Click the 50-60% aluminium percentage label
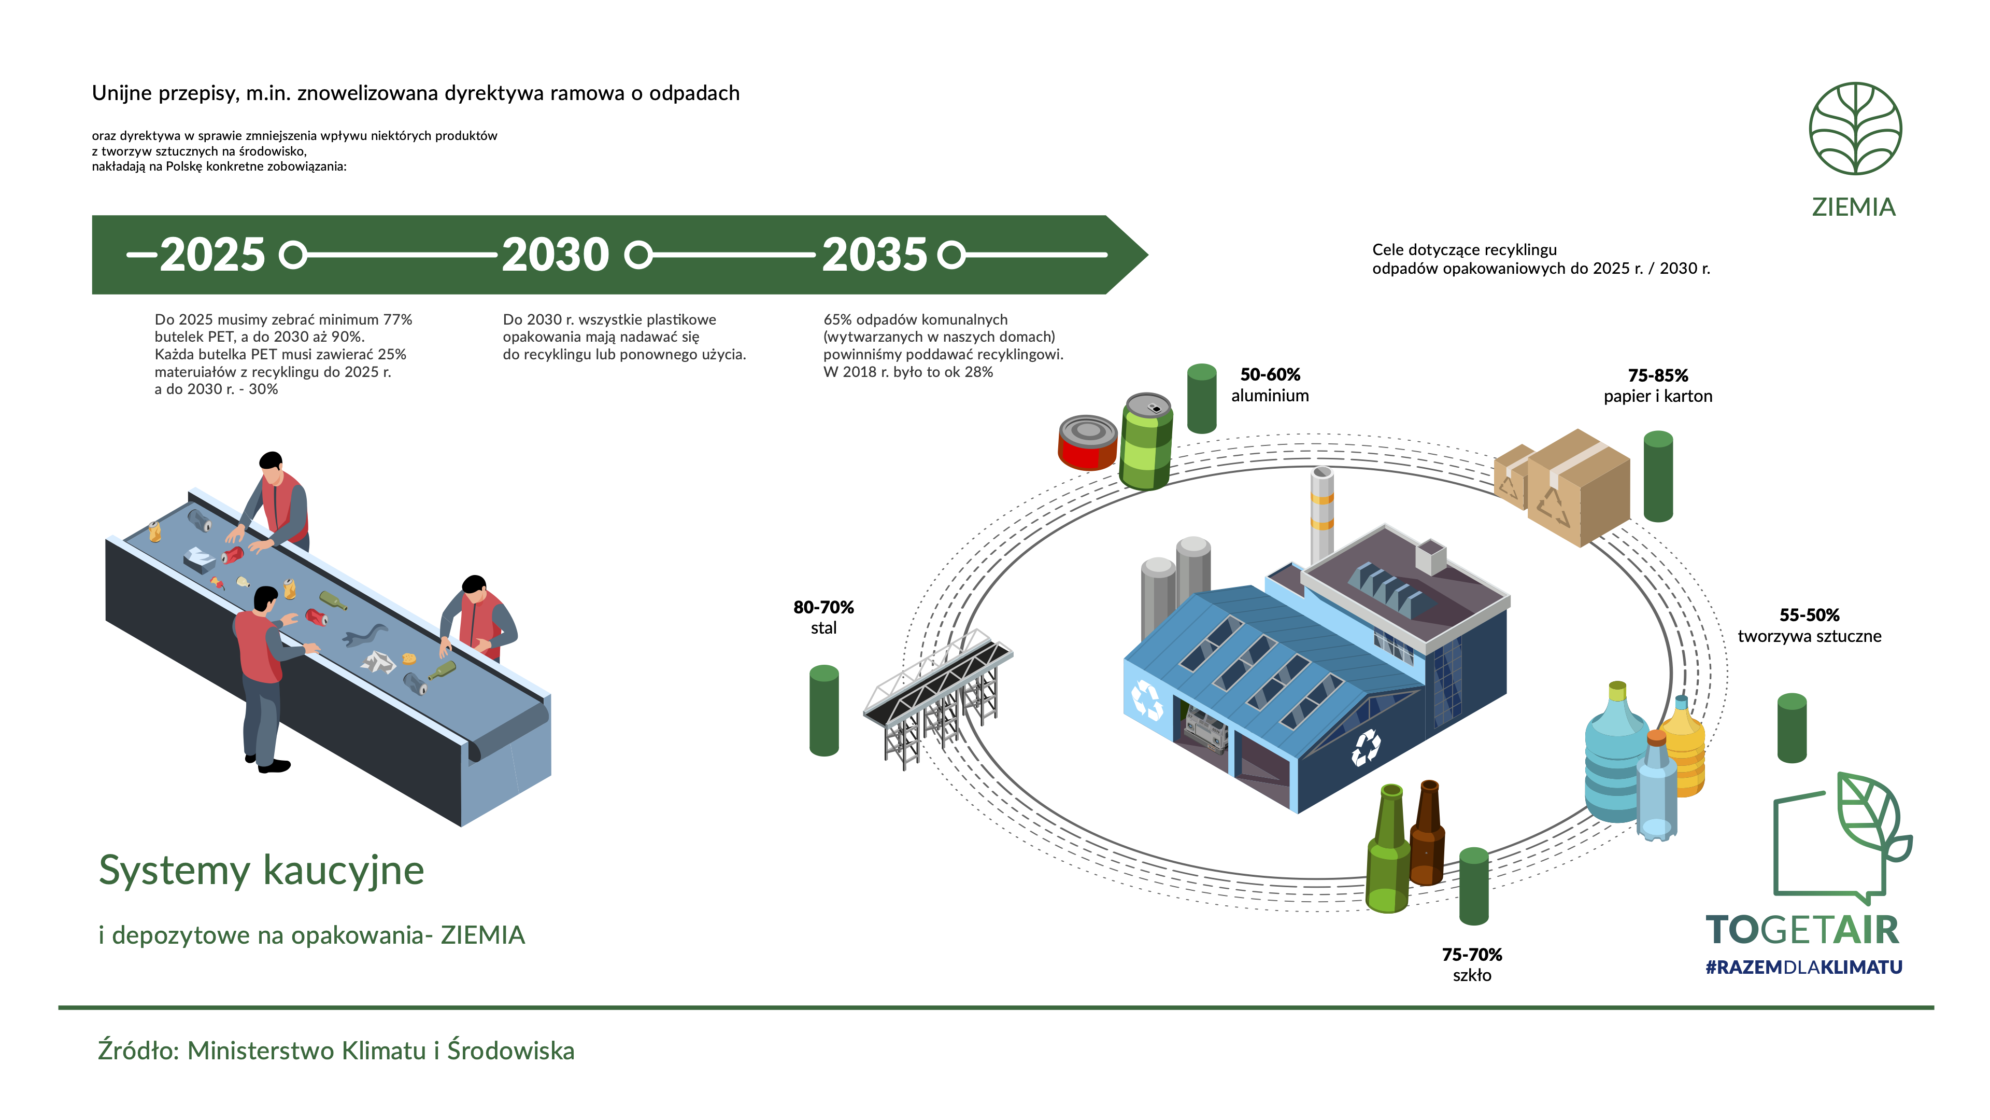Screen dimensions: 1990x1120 (1270, 375)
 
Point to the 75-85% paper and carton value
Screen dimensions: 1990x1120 (1658, 375)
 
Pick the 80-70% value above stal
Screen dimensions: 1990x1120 (823, 608)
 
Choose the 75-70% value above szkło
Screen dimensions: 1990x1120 (1472, 955)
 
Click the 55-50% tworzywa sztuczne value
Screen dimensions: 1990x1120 (1809, 615)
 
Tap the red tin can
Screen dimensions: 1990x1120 (1087, 443)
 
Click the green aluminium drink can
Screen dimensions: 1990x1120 (1146, 441)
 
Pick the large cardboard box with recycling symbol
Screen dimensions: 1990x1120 (1578, 488)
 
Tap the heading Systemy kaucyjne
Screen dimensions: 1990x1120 (262, 871)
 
